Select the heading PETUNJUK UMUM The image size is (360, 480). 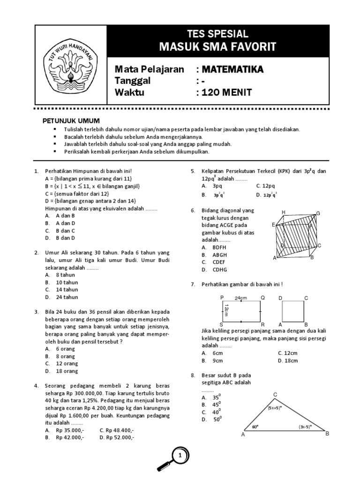click(x=71, y=121)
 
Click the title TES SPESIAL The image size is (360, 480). click(x=217, y=34)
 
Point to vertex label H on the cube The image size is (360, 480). click(x=283, y=213)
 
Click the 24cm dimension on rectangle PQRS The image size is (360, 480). click(x=241, y=298)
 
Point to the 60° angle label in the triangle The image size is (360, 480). click(x=255, y=427)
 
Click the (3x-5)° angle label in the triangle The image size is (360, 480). click(x=305, y=427)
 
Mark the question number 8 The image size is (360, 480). click(x=193, y=375)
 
